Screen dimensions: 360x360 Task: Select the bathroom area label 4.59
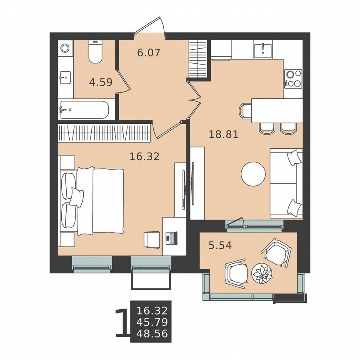tap(101, 82)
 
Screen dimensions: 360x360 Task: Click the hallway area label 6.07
tap(149, 53)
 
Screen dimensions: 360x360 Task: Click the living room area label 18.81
tap(223, 134)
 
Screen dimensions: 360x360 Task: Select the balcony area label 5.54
tap(220, 245)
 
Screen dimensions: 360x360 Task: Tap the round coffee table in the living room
tap(253, 174)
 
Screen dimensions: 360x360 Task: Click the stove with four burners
tap(293, 78)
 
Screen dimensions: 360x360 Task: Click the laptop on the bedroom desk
tap(171, 238)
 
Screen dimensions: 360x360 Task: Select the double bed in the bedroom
tap(93, 200)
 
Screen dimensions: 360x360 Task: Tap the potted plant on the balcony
tap(262, 274)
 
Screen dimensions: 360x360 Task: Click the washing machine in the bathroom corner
tap(65, 48)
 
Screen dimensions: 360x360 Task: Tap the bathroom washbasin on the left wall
tap(65, 77)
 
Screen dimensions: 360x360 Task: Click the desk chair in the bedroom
tap(151, 239)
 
